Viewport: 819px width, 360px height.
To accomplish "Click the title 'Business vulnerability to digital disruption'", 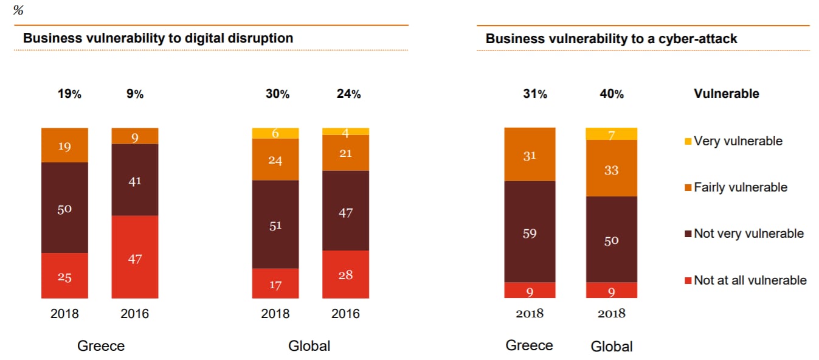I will tap(158, 38).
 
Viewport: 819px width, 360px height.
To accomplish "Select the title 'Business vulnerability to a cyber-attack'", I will tap(611, 39).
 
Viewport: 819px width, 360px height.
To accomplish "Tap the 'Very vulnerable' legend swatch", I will tap(688, 142).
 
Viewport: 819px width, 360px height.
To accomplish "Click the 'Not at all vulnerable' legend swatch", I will tap(688, 281).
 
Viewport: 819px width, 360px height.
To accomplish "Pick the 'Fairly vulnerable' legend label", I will tap(741, 188).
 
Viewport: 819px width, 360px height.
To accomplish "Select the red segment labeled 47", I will tap(135, 257).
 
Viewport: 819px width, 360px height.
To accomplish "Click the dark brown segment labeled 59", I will tap(530, 232).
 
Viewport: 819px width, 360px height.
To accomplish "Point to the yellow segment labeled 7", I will tap(611, 134).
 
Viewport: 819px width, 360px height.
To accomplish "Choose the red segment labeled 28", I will tap(345, 274).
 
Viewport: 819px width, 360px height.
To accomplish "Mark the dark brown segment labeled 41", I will tap(135, 180).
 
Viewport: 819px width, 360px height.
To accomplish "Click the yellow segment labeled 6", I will tap(275, 133).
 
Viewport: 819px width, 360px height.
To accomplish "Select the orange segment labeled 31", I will tap(530, 154).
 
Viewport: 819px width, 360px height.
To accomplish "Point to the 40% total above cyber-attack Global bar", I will tap(611, 94).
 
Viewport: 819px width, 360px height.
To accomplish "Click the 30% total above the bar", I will tap(277, 94).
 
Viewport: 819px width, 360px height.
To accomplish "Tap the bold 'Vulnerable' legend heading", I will tap(726, 94).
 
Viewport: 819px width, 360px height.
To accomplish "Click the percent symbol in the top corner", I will tap(18, 10).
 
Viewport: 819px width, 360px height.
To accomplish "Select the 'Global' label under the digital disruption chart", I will tap(309, 347).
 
